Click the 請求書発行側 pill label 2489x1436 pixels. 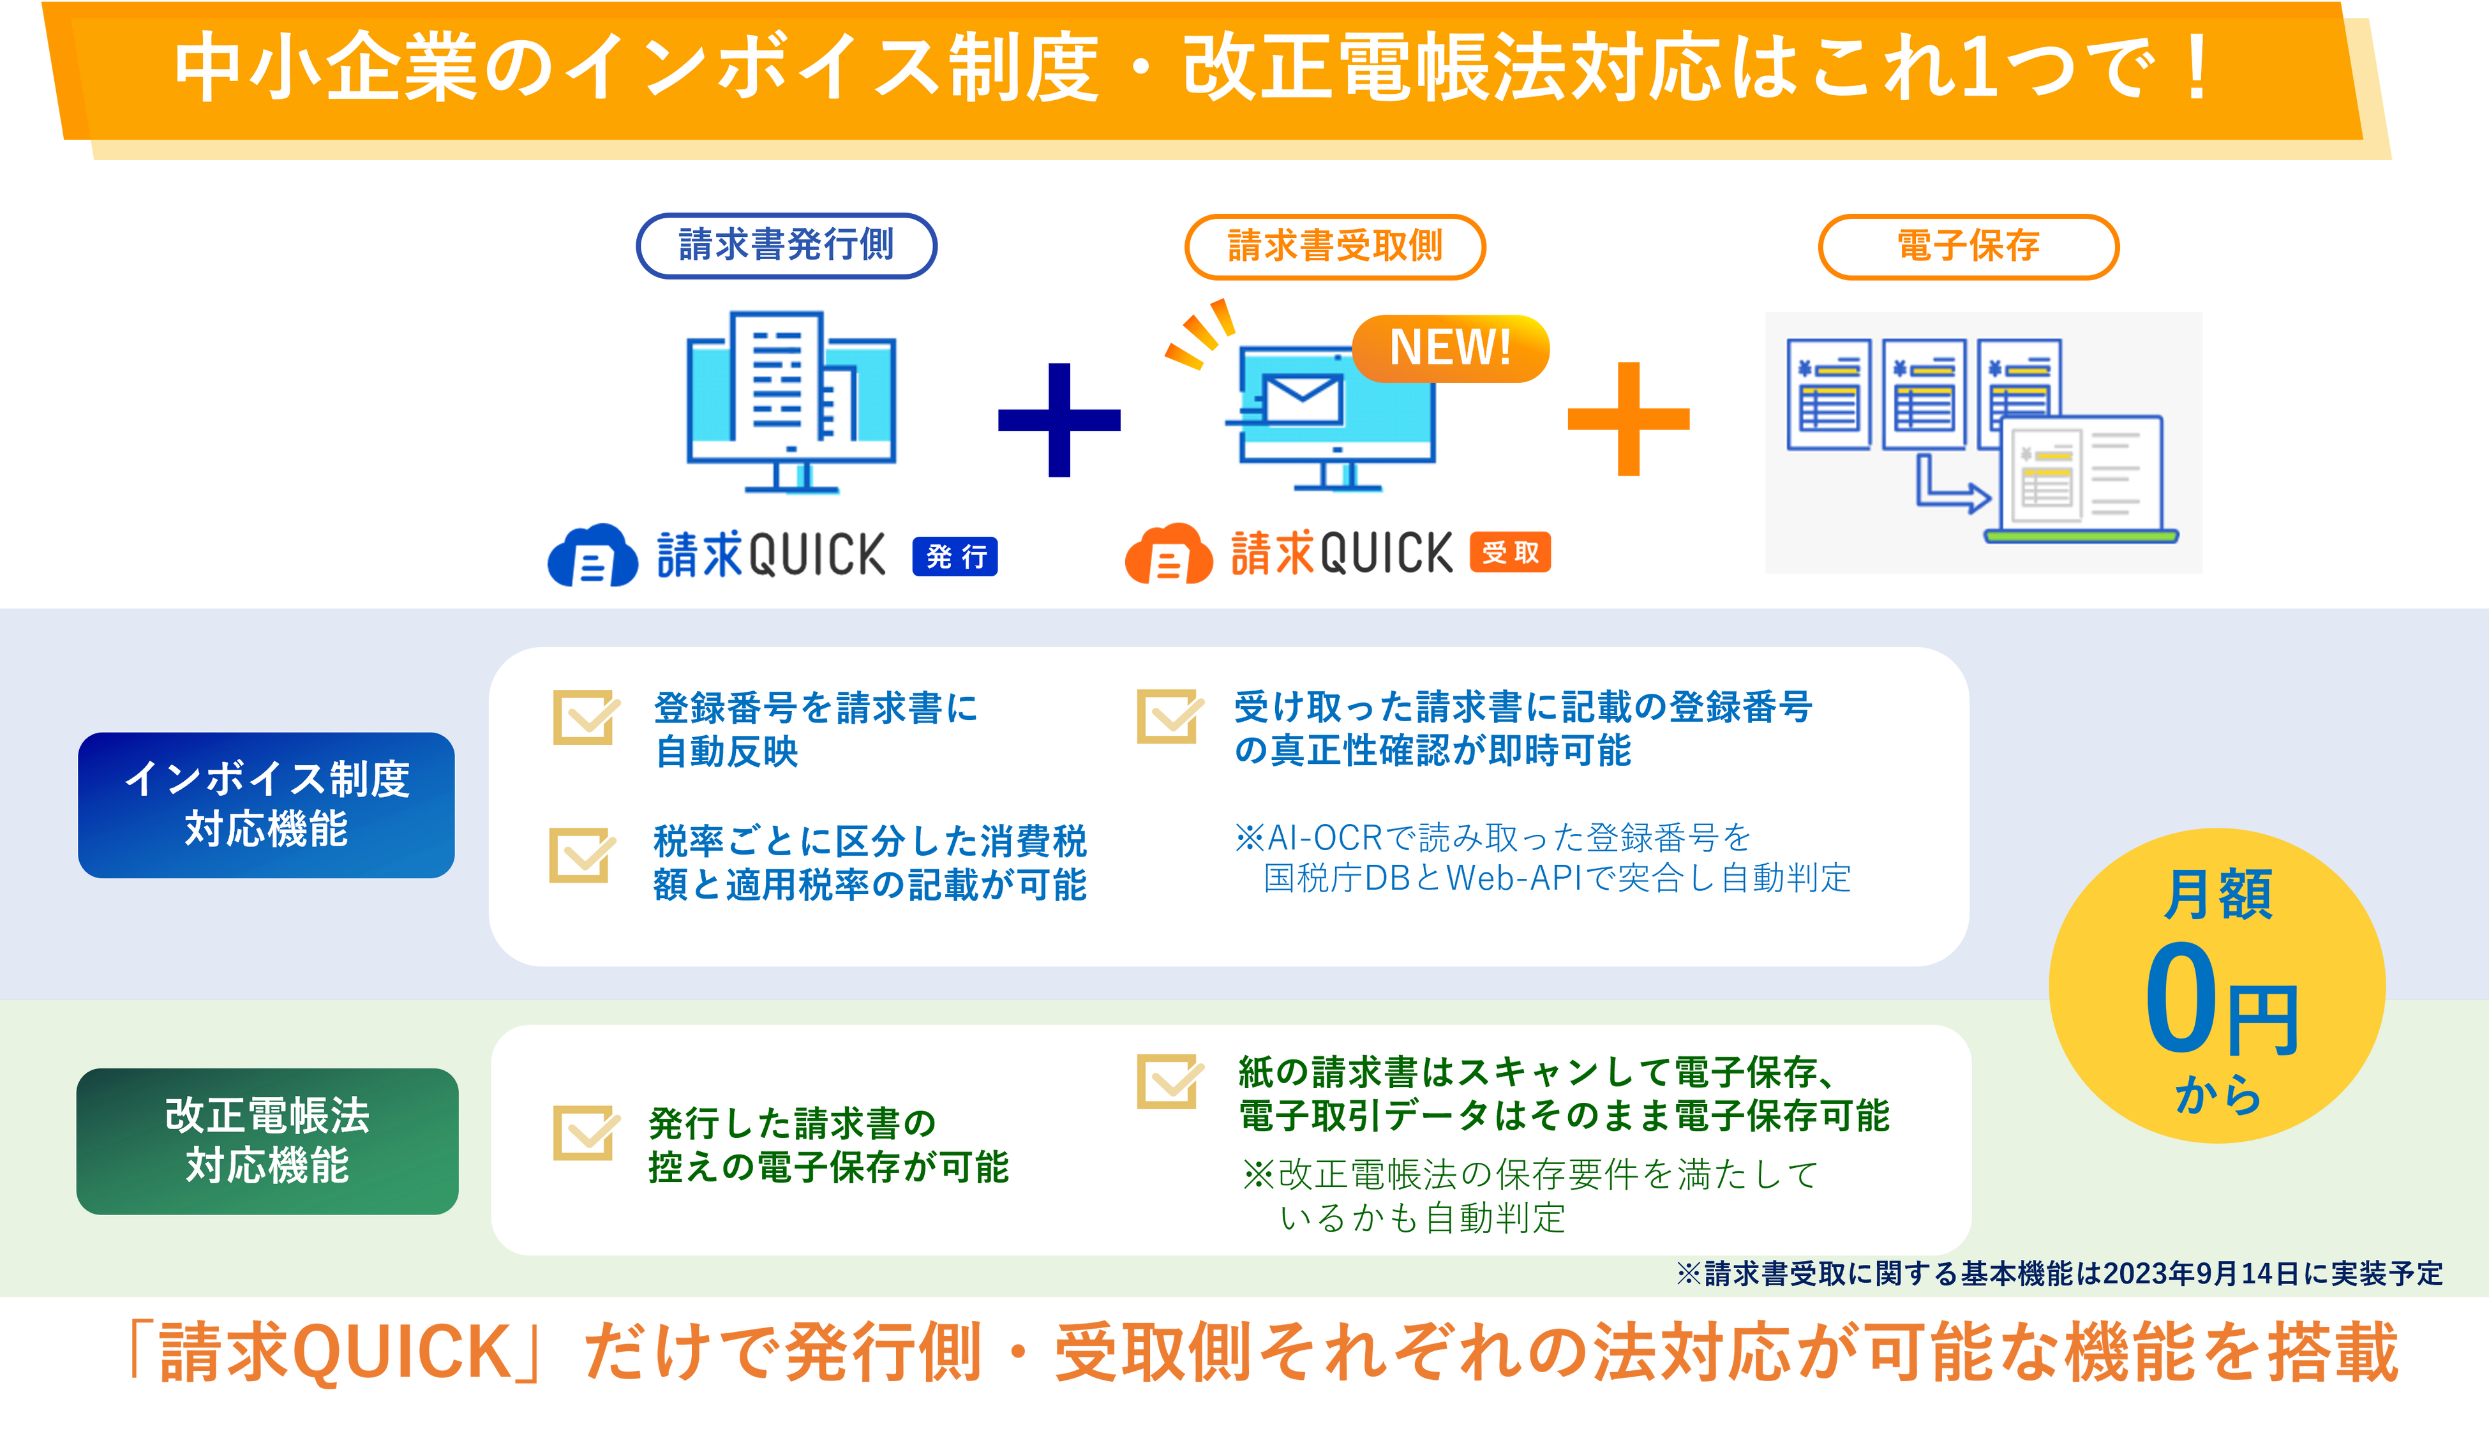tap(786, 246)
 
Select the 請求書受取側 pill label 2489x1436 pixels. tap(1334, 246)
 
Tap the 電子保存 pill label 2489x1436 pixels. tap(1968, 246)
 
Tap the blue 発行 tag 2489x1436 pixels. tap(955, 557)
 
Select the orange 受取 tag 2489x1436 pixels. tap(1510, 552)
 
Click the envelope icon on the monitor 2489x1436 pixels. tap(1302, 398)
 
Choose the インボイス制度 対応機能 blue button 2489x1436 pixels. tap(266, 805)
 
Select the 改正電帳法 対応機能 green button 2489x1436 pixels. tap(267, 1141)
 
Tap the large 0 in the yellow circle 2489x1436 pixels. tap(2180, 998)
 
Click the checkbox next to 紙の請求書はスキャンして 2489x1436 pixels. tap(1169, 1082)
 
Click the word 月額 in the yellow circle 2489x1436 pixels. tap(2218, 895)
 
